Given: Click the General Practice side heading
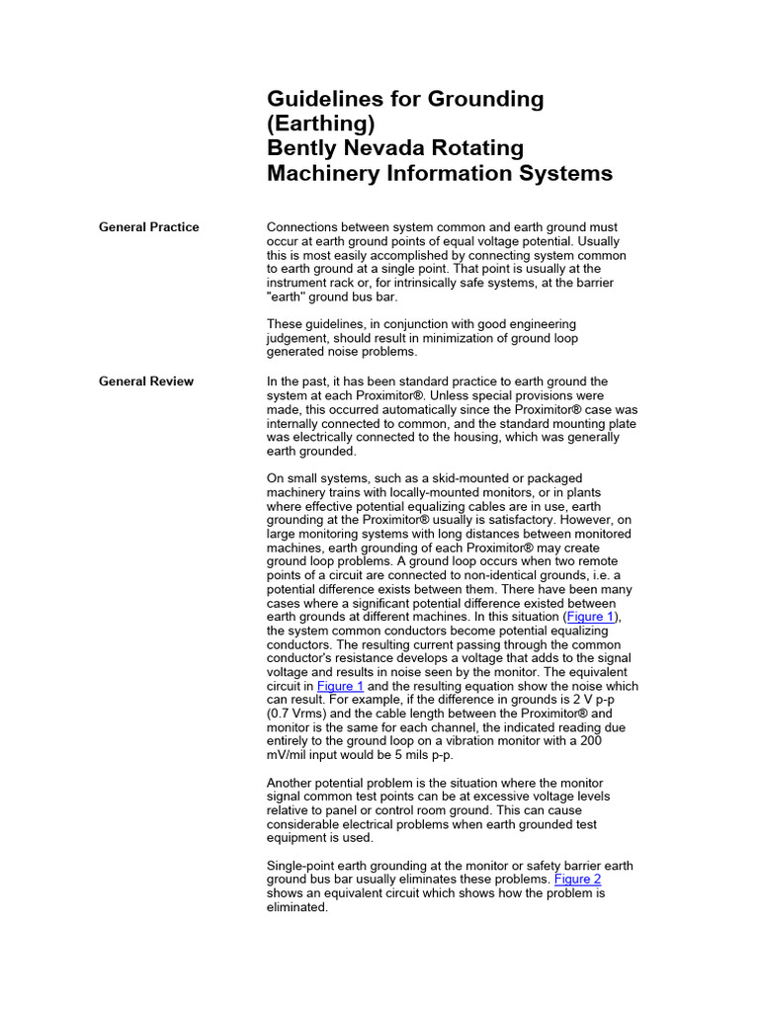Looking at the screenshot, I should tap(148, 227).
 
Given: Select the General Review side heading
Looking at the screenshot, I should tap(146, 381).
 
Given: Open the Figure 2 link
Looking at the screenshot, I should tap(577, 880).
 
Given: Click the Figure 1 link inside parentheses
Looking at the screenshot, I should tap(590, 617).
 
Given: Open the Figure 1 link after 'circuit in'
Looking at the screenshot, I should tap(340, 686).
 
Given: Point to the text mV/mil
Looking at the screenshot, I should tap(291, 755).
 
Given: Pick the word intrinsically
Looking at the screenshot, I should tap(379, 283).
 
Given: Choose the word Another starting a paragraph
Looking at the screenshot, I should tap(293, 783).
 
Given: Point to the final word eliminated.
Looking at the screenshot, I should tap(296, 907).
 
